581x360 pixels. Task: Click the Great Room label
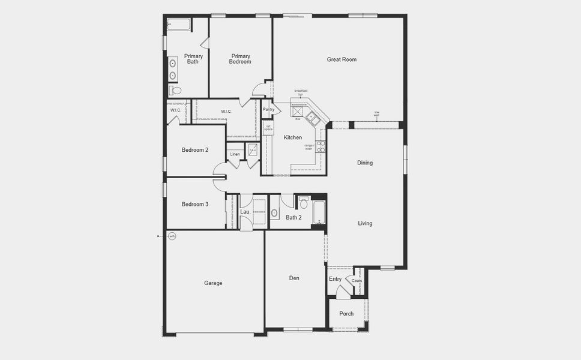(x=342, y=59)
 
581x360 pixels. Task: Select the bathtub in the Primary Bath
(x=179, y=25)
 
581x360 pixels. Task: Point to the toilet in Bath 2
(x=304, y=203)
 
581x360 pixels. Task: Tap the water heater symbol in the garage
(x=172, y=236)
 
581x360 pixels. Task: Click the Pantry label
(x=268, y=109)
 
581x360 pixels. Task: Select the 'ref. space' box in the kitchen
(x=268, y=128)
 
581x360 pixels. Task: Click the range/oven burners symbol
(x=321, y=145)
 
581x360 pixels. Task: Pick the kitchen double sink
(x=313, y=118)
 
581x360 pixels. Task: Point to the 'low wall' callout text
(x=377, y=113)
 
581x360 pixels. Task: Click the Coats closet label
(x=357, y=280)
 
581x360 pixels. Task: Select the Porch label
(x=346, y=314)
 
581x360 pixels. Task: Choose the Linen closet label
(x=235, y=154)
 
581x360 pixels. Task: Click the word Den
(x=294, y=278)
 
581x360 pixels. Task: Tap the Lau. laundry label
(x=245, y=212)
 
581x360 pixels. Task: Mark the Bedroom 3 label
(x=195, y=204)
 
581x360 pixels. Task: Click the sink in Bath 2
(x=274, y=212)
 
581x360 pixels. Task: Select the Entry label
(x=335, y=279)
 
